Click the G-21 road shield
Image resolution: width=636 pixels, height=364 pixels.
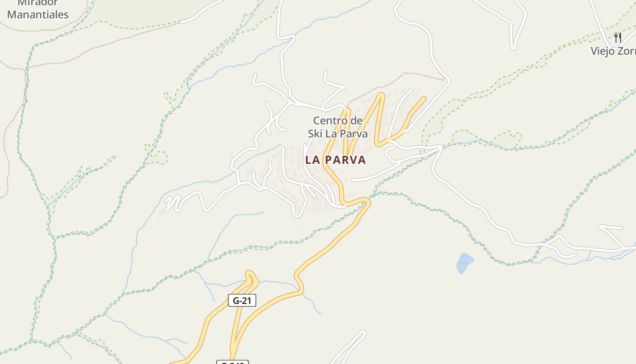(x=242, y=300)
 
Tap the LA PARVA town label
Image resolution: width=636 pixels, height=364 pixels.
(x=335, y=160)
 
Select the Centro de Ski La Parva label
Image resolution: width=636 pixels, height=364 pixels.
(x=338, y=127)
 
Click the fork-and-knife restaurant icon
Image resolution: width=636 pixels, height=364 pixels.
(x=617, y=37)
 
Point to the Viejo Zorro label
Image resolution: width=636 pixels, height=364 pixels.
(x=613, y=51)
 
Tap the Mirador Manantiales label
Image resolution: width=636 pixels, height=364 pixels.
(x=38, y=9)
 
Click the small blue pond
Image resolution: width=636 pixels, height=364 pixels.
(x=464, y=263)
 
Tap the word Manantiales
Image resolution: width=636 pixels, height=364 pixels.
(x=38, y=15)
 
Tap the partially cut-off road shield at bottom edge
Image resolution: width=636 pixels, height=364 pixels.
(x=233, y=362)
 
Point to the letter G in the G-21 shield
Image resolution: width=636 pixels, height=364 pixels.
(x=236, y=300)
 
